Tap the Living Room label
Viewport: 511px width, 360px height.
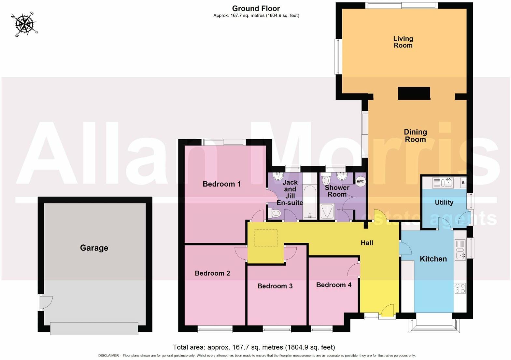click(403, 42)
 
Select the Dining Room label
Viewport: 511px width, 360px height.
click(415, 135)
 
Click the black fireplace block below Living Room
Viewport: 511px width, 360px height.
click(414, 93)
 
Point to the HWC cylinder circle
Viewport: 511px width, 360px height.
click(360, 182)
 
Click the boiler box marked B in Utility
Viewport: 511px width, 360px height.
click(463, 183)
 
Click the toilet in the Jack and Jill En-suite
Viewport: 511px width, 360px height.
click(275, 214)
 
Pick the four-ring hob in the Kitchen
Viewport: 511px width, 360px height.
click(460, 288)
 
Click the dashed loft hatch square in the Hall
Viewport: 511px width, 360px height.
click(266, 238)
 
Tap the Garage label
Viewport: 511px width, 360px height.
click(94, 248)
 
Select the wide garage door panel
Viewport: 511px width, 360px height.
click(94, 328)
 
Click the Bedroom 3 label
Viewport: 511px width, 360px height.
click(275, 286)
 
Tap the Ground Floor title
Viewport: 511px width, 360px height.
click(256, 8)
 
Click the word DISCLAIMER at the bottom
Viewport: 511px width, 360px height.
click(108, 355)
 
